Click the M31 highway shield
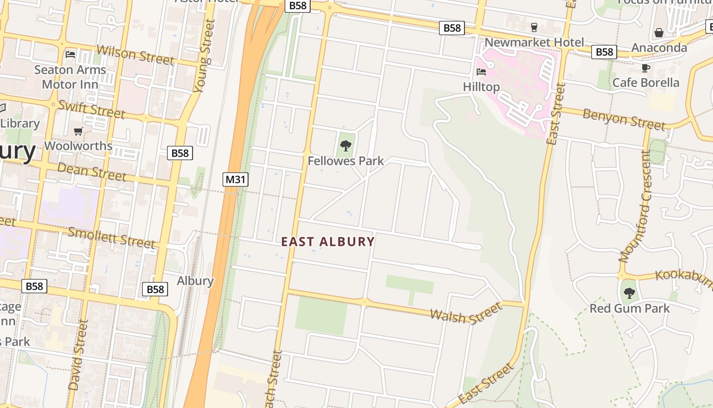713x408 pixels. tap(235, 179)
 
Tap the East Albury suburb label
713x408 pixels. tap(328, 242)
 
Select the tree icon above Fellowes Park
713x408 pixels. tap(346, 146)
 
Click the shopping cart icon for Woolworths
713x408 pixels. tap(78, 132)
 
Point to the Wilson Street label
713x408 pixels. tap(135, 55)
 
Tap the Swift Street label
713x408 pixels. tap(91, 109)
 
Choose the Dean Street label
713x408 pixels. tap(92, 172)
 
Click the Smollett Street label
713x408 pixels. tap(111, 237)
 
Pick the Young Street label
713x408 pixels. tap(202, 56)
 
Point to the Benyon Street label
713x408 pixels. tap(624, 119)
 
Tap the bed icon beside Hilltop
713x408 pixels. tap(481, 72)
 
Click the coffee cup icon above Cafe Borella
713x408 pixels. tap(646, 68)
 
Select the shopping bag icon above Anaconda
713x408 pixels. tap(659, 33)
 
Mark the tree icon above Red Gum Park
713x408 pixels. tap(629, 293)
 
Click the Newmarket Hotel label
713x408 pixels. tap(534, 42)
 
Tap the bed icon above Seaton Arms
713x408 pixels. tap(70, 54)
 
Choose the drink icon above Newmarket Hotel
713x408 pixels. tap(534, 27)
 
